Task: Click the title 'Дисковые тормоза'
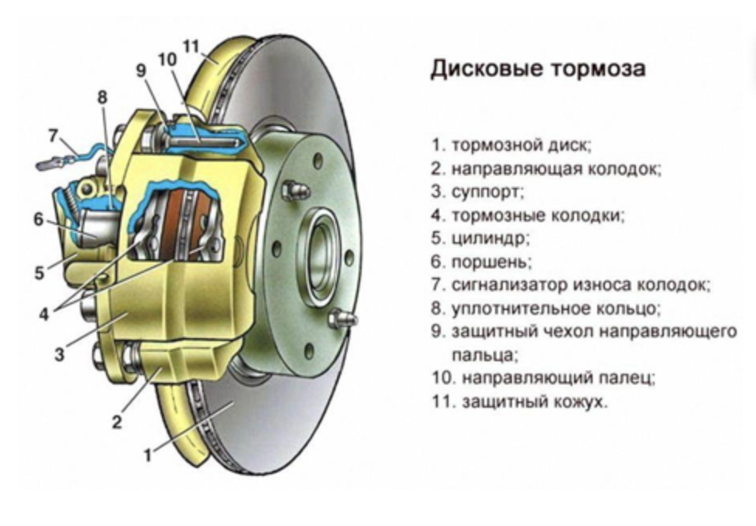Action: pos(538,69)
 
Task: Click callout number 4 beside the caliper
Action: pos(45,314)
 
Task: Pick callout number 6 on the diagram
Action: pos(39,219)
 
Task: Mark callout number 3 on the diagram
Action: pos(59,356)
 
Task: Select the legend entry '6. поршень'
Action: pos(482,261)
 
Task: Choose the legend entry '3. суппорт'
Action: pos(478,191)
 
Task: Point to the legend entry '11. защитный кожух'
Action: pos(520,402)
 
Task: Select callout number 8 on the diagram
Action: pos(102,97)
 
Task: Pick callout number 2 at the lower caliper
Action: pos(117,422)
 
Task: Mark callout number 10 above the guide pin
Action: pos(167,59)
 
